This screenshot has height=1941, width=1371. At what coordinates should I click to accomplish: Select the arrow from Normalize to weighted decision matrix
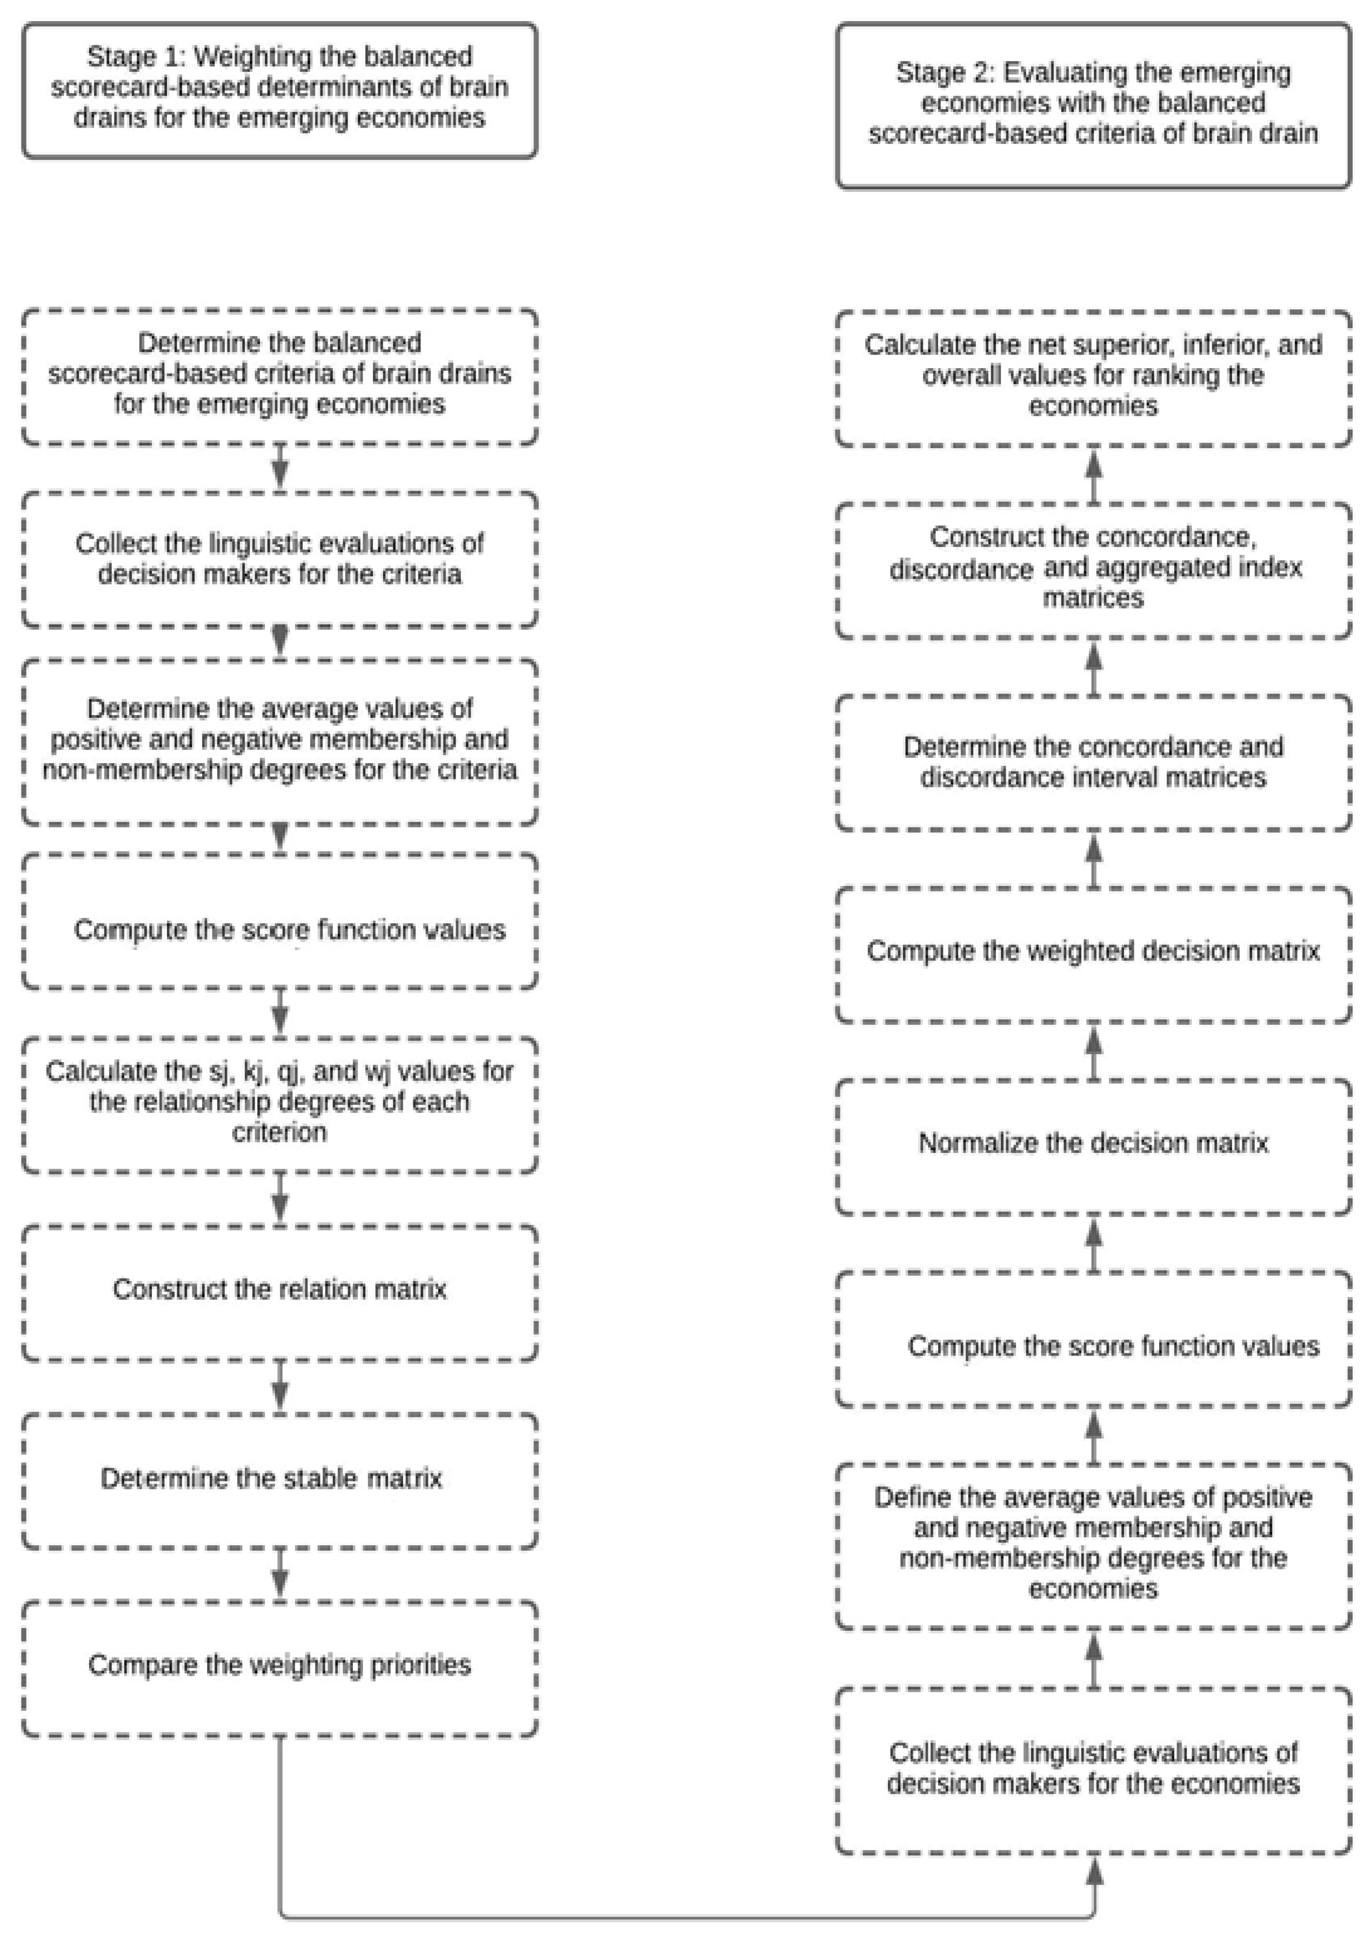click(1094, 1051)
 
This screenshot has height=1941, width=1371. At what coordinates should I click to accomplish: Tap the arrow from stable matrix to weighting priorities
click(280, 1573)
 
